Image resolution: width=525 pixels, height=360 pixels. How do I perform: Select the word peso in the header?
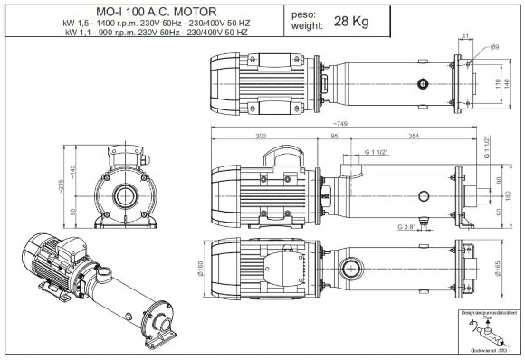click(303, 14)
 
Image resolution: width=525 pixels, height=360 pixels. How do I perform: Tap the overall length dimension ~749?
click(340, 123)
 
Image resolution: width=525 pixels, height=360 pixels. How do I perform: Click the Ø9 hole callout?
click(495, 46)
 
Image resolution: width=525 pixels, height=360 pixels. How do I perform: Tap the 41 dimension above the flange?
click(465, 37)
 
